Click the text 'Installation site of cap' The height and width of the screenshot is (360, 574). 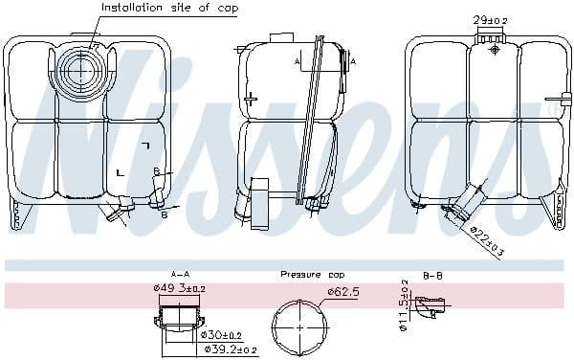(170, 8)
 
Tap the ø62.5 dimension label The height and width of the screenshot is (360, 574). (342, 291)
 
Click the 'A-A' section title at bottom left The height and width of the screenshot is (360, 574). (179, 274)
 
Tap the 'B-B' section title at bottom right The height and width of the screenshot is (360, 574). (432, 274)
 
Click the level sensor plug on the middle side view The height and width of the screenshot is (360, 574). (259, 203)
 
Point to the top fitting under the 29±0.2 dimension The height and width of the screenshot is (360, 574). (490, 35)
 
